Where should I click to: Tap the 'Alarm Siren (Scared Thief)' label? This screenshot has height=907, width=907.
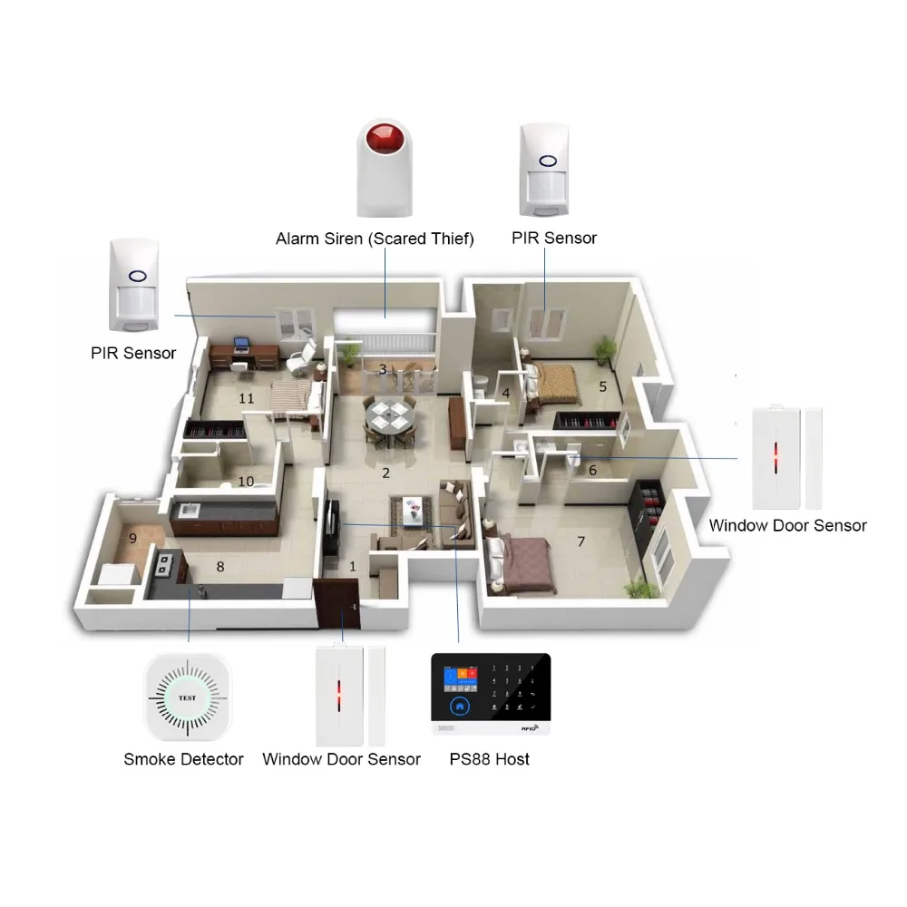coord(375,239)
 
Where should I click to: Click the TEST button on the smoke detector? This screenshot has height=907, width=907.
coord(186,698)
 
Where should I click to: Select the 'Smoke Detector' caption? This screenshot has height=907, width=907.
coord(183,759)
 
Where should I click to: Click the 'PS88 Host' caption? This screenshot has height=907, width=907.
coord(490,759)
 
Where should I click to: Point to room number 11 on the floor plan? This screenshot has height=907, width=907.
coord(246,397)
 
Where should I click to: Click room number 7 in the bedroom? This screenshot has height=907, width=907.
coord(581,541)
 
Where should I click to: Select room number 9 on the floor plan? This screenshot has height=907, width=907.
coord(132,538)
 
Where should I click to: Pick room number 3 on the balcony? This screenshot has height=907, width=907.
coord(383,369)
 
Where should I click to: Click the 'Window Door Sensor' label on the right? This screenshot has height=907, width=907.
coord(787,525)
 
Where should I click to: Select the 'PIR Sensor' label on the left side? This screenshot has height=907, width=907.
coord(133,353)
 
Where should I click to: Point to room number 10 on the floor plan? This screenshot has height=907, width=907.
coord(246,481)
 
